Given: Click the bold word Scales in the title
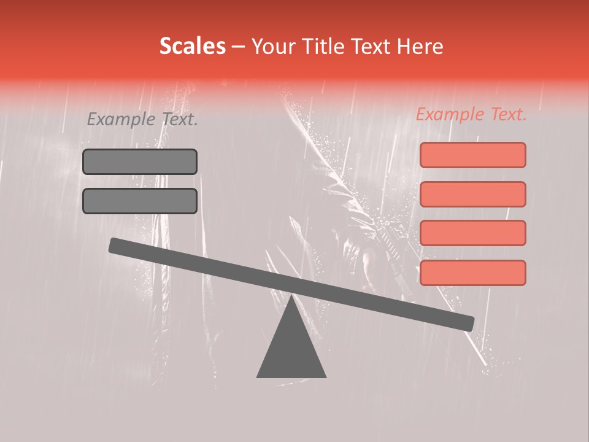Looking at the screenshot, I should click(x=192, y=46).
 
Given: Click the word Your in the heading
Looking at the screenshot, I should click(x=274, y=47).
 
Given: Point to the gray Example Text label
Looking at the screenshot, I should click(x=142, y=120).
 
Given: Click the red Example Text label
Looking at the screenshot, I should click(x=471, y=115).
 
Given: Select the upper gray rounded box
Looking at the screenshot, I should click(x=140, y=161).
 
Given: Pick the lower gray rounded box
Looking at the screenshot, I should click(x=140, y=201).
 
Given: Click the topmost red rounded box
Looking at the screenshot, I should click(x=472, y=155).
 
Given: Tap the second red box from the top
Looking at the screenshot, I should click(x=472, y=194).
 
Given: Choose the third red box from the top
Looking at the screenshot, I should click(x=472, y=233).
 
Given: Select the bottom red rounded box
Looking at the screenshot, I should click(x=472, y=273).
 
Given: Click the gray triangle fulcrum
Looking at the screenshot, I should click(x=291, y=347).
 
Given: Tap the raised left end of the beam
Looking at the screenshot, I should click(x=115, y=245).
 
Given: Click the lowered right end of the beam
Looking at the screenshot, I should click(x=468, y=324).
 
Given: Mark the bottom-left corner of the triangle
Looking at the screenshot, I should click(x=258, y=377).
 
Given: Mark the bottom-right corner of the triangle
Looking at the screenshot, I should click(x=325, y=377).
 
